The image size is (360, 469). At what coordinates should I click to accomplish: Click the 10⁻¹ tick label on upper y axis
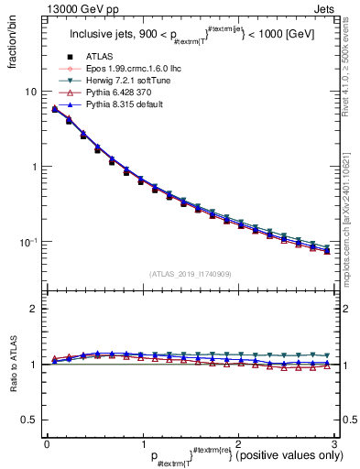tap(29, 241)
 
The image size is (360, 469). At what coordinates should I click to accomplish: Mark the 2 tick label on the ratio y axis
tap(34, 309)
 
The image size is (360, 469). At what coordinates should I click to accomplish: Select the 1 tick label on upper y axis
tap(34, 167)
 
